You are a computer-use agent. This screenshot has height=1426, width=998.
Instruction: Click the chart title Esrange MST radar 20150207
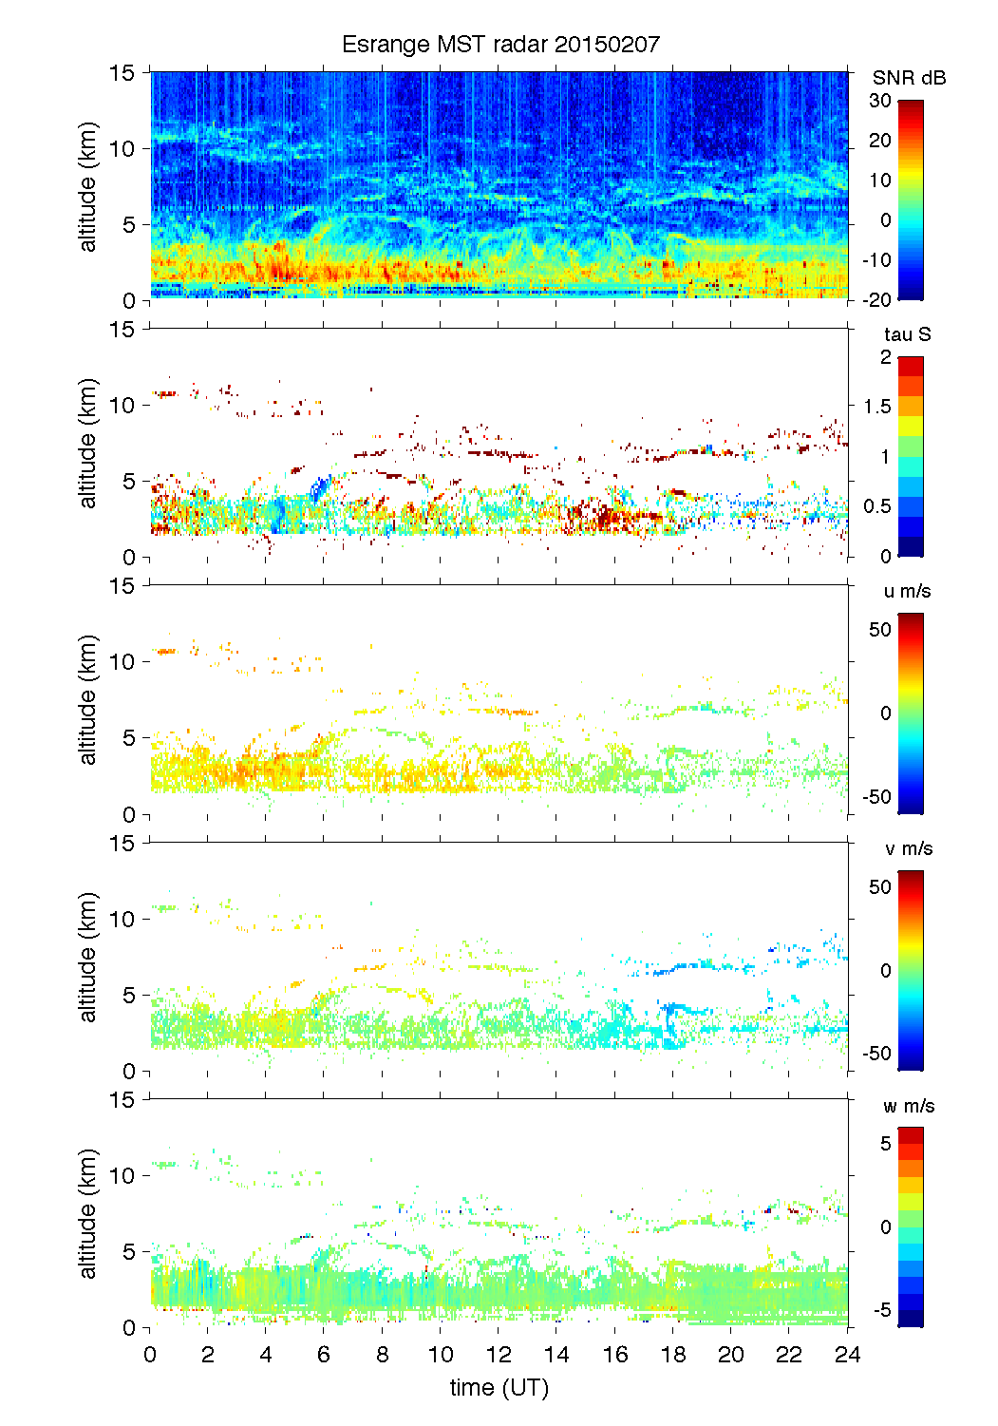(500, 45)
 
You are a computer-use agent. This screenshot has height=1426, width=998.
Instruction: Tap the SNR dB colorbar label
(909, 78)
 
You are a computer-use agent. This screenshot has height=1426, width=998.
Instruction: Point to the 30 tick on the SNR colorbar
(880, 101)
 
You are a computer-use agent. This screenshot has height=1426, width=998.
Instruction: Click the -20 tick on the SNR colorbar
(877, 299)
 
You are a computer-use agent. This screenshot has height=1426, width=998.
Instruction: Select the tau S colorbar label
(907, 334)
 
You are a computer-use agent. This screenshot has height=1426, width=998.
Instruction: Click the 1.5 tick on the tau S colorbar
(878, 407)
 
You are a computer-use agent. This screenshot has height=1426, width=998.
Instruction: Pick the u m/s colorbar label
(907, 591)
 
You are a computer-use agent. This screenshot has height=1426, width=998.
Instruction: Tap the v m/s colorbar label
(908, 848)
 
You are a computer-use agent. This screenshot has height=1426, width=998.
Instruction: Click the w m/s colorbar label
(908, 1106)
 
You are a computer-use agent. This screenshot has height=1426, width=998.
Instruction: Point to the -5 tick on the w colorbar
(882, 1310)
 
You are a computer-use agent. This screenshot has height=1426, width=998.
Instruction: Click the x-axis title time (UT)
(499, 1388)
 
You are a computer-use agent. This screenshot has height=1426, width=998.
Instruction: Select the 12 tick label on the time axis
(499, 1355)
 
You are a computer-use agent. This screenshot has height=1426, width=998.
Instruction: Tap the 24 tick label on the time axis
(847, 1355)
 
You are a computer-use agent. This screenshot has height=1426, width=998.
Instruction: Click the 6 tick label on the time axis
(324, 1355)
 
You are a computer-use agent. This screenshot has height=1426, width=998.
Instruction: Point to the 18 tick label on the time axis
(673, 1355)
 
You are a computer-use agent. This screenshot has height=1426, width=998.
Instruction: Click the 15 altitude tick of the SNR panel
(123, 72)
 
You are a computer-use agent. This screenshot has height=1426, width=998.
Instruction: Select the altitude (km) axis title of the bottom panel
(88, 1213)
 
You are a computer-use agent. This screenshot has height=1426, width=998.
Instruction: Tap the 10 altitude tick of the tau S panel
(123, 406)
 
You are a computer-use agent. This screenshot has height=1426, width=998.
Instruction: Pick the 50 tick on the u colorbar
(880, 630)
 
